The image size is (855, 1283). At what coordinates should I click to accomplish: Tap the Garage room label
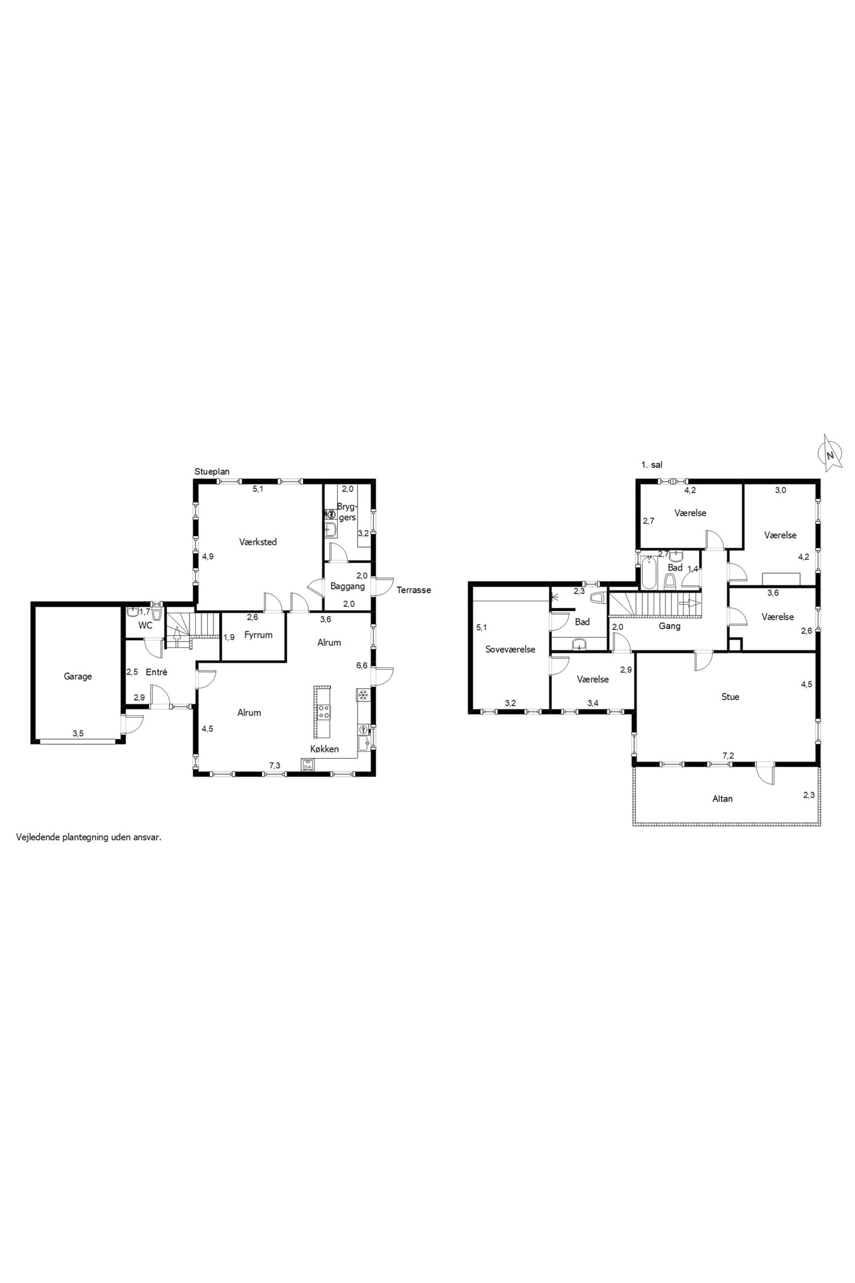pos(77,676)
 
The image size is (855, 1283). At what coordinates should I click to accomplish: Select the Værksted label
pos(258,542)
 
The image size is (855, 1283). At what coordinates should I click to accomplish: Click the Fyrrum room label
pos(258,635)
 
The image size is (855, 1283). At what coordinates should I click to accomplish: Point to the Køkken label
pos(325,749)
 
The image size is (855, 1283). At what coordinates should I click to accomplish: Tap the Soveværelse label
pos(510,649)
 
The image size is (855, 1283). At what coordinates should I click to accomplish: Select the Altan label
pos(722,799)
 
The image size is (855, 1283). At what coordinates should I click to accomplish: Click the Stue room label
pos(730,697)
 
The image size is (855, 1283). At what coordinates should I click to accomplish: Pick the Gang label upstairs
pos(669,627)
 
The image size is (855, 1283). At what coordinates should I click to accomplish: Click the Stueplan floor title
pos(212,472)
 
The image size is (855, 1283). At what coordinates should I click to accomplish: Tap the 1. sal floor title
pos(652,465)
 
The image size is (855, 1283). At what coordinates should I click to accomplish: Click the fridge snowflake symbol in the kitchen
pos(363,695)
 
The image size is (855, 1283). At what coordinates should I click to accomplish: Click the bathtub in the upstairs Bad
pos(649,572)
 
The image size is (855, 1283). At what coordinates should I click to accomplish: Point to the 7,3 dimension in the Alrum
pos(275,765)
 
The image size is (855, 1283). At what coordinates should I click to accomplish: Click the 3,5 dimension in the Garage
pos(78,733)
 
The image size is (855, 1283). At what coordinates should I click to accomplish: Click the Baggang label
pos(347,587)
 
